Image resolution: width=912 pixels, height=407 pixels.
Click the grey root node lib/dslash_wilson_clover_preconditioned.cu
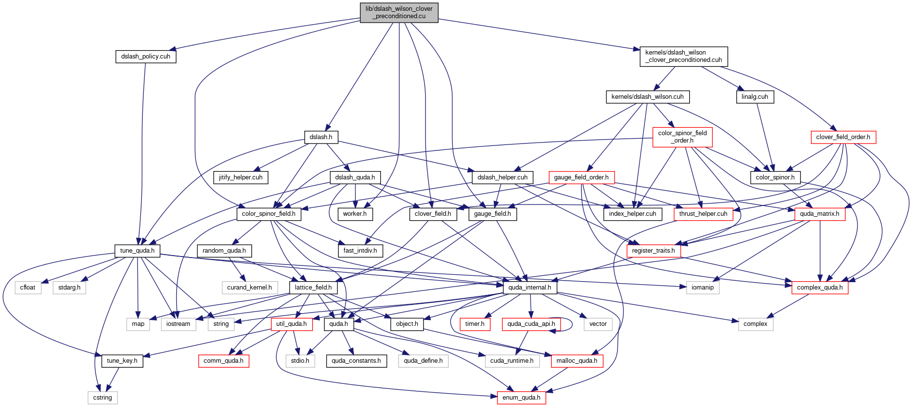tap(399, 12)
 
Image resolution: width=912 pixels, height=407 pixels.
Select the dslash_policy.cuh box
tap(146, 57)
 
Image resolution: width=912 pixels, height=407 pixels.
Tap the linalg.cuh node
tap(755, 97)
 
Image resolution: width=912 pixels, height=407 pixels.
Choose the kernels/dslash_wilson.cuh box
tap(647, 97)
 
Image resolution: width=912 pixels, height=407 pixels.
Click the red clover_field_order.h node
tap(843, 137)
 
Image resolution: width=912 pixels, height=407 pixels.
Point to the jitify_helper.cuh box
tap(241, 177)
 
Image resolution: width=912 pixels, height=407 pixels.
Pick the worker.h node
tap(355, 214)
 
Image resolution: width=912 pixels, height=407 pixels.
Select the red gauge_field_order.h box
tap(581, 177)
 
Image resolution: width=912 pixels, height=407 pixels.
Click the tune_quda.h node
tap(137, 251)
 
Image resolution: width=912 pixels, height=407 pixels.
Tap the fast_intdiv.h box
tap(360, 251)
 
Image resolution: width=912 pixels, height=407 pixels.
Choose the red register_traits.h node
tap(653, 251)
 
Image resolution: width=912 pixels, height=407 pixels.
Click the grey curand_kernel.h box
tap(249, 288)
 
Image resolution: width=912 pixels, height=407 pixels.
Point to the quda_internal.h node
tap(530, 288)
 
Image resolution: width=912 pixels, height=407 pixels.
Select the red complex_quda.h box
tap(820, 288)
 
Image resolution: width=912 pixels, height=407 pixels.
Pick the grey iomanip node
tap(702, 288)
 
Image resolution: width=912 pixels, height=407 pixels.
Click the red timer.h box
tap(475, 324)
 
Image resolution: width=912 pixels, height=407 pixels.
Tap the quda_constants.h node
tap(356, 361)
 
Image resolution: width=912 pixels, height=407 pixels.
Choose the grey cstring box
tap(103, 398)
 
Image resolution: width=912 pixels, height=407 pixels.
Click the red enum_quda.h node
tap(521, 398)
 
